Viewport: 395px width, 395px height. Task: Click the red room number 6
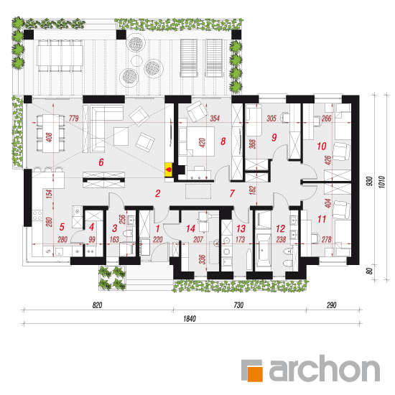(101, 162)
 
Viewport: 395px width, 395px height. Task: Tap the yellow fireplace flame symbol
(169, 169)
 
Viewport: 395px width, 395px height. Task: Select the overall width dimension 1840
(190, 319)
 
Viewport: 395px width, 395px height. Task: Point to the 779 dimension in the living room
(74, 118)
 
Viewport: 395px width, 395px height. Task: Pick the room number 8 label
(223, 141)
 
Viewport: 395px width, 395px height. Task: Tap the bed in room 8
(197, 141)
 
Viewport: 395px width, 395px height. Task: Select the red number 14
(191, 228)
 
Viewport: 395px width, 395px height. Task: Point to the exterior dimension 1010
(381, 182)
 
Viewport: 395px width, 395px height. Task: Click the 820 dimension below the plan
(97, 305)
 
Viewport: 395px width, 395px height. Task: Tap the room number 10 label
(322, 146)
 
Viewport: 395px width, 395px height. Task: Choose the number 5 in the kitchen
(62, 227)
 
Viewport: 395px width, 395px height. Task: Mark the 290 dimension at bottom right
(332, 305)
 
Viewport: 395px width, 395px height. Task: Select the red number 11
(322, 219)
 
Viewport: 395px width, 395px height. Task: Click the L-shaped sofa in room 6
(106, 129)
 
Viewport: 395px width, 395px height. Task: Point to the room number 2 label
(158, 193)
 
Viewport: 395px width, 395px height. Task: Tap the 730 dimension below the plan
(238, 305)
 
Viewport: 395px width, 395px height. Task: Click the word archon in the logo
(324, 368)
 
